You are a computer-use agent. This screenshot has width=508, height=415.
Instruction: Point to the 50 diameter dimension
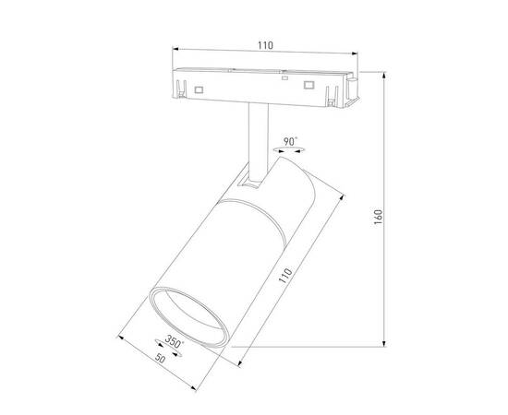pos(163,357)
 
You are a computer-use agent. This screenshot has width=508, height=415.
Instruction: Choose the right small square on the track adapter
pos(308,87)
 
